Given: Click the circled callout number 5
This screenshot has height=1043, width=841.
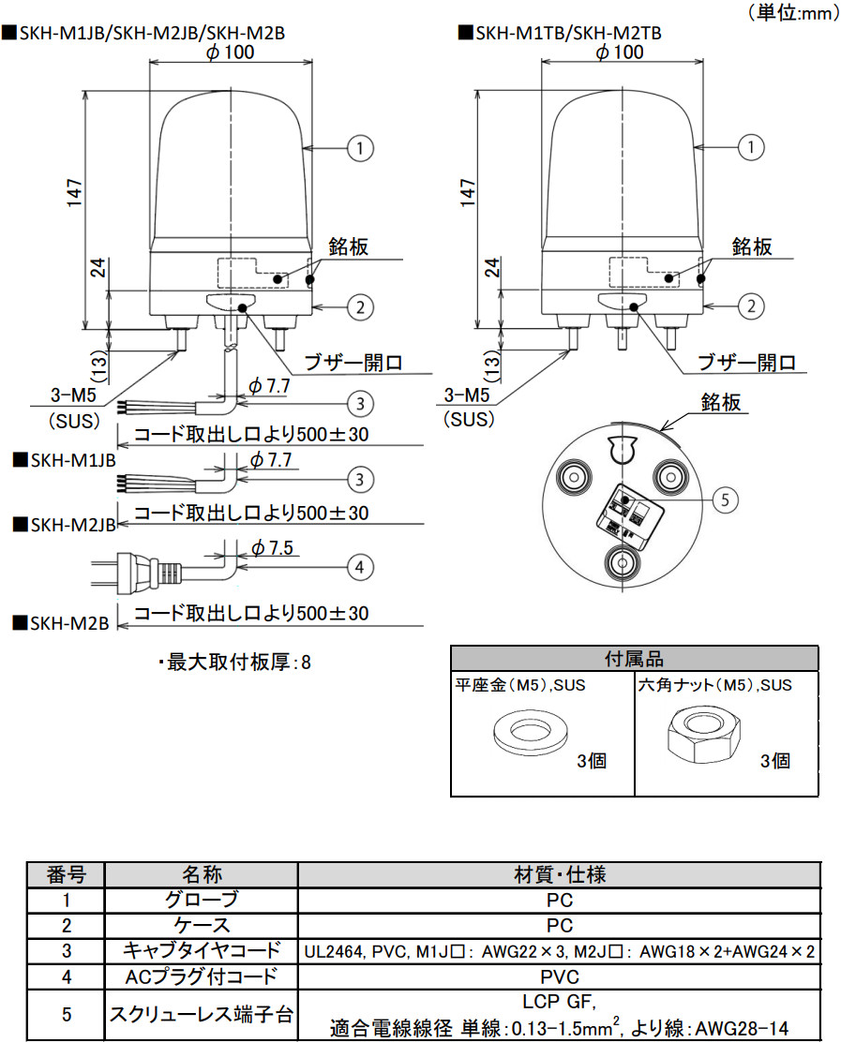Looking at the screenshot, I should tap(725, 499).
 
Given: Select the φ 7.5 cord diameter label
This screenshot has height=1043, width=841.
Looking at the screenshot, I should tap(272, 548).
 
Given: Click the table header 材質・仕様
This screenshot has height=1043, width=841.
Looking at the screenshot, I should tap(559, 875).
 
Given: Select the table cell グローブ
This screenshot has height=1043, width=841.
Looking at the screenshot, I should tap(201, 901).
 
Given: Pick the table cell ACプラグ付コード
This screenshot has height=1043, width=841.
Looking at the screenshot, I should tap(201, 976).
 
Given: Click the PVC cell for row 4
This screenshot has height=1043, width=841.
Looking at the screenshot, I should tap(559, 976).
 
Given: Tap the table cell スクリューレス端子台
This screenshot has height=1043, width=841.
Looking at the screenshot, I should tap(201, 1014).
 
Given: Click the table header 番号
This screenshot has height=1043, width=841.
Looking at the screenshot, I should tap(66, 875).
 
